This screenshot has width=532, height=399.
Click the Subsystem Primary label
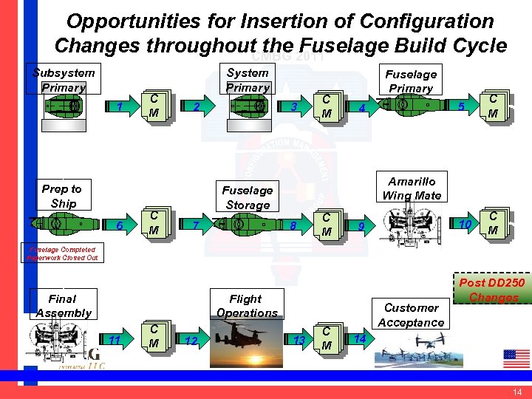click(x=64, y=80)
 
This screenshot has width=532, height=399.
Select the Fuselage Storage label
click(x=248, y=197)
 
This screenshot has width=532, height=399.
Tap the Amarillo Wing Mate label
click(x=412, y=188)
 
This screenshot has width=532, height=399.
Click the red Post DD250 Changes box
click(x=493, y=290)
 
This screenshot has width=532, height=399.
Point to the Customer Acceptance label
click(x=411, y=315)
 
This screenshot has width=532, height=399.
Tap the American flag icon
click(x=516, y=358)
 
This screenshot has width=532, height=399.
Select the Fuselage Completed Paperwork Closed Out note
click(x=63, y=254)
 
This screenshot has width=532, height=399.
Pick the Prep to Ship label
click(x=62, y=196)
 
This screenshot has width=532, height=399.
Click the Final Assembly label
click(x=63, y=305)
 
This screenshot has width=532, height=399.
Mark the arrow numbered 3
click(x=294, y=108)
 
